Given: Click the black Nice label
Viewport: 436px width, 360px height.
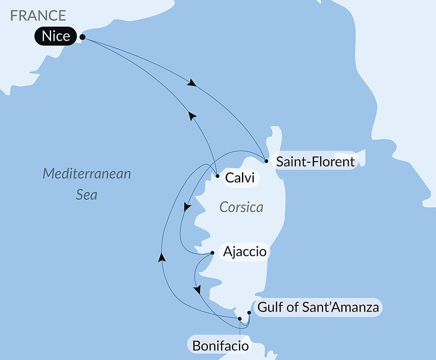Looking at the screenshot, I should click(56, 36).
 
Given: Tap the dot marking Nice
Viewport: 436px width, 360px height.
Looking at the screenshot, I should click(82, 38).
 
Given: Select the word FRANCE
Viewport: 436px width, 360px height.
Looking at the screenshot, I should click(38, 15).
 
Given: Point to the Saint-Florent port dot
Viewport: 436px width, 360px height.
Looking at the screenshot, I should click(266, 161).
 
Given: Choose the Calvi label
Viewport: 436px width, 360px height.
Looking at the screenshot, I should click(239, 178).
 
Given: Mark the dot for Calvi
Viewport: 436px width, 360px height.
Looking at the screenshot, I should click(218, 176).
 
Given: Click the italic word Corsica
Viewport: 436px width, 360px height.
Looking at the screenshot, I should click(242, 207).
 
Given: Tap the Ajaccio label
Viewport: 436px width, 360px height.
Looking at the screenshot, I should click(244, 252).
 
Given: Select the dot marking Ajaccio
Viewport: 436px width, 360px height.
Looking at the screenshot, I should click(212, 253).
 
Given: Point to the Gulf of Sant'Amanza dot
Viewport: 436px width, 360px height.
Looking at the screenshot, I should click(249, 312).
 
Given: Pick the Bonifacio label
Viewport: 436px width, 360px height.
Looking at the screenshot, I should click(221, 346).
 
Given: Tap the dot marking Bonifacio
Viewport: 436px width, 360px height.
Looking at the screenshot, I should click(240, 319).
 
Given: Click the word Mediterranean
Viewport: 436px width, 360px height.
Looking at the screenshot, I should click(87, 174).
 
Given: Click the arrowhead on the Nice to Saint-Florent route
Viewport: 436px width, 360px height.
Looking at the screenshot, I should click(191, 83).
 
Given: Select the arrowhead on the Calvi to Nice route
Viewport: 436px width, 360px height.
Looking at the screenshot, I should click(192, 116).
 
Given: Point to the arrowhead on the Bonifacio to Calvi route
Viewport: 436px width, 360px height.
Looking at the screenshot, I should click(162, 257).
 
